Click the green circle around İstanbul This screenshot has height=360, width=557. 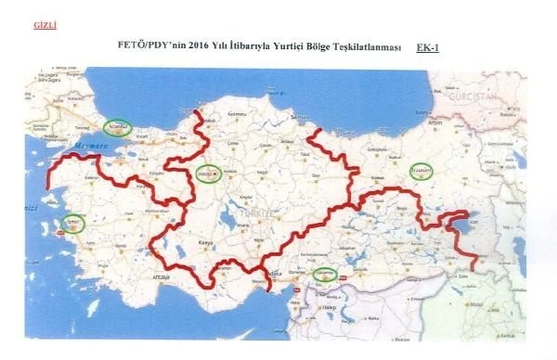click(119, 125)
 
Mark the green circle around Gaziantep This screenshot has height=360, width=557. click(323, 274)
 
